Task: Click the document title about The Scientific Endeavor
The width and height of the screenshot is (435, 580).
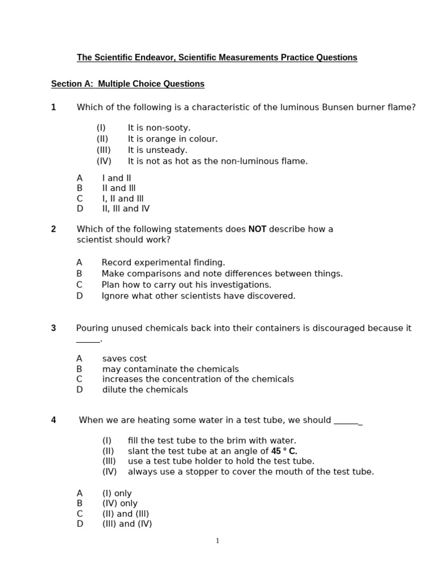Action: click(217, 58)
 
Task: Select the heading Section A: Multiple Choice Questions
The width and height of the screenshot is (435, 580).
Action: click(127, 84)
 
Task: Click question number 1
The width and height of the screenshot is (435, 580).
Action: click(54, 107)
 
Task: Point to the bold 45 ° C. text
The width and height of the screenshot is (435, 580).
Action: click(284, 451)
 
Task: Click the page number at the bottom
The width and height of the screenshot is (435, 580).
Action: click(217, 541)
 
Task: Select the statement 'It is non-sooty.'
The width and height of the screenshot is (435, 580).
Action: click(159, 128)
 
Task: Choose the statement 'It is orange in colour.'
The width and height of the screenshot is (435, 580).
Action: click(172, 139)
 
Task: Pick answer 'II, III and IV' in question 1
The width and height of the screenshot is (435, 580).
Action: click(126, 208)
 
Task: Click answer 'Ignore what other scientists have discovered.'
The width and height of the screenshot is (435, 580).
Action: click(198, 296)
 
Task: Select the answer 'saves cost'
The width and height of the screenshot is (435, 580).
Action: click(124, 359)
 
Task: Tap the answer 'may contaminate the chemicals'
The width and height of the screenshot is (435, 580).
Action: click(170, 369)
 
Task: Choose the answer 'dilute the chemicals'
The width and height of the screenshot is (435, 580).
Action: click(145, 390)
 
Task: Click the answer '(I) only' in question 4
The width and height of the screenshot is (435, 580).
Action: click(117, 493)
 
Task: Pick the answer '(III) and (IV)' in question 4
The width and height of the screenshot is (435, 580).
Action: click(127, 524)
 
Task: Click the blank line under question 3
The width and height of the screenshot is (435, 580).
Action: click(88, 340)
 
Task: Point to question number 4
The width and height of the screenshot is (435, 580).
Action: click(54, 420)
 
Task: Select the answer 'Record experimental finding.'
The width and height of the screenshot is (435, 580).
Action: click(163, 263)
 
